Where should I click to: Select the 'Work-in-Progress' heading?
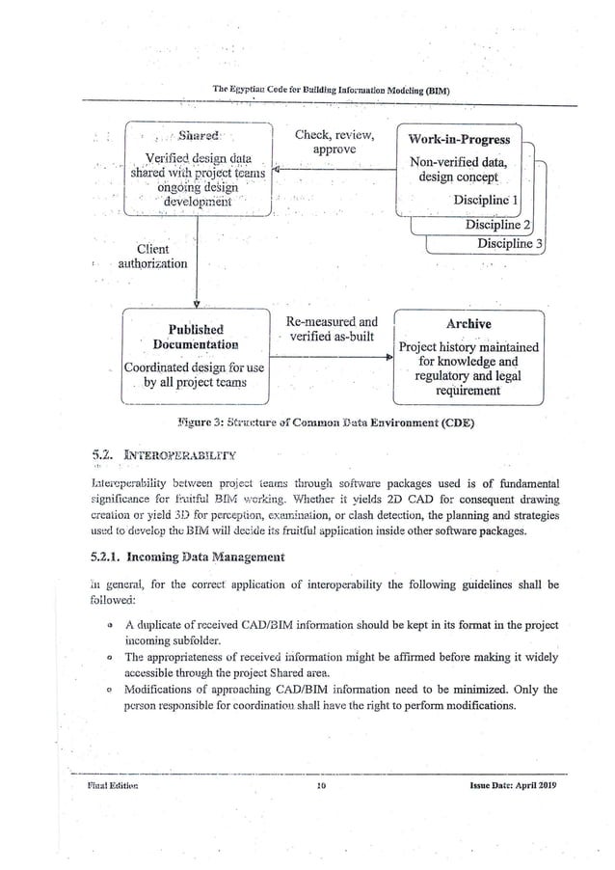tap(460, 140)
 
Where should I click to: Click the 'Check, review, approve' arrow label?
tap(334, 142)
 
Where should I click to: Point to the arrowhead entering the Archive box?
tap(389, 357)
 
